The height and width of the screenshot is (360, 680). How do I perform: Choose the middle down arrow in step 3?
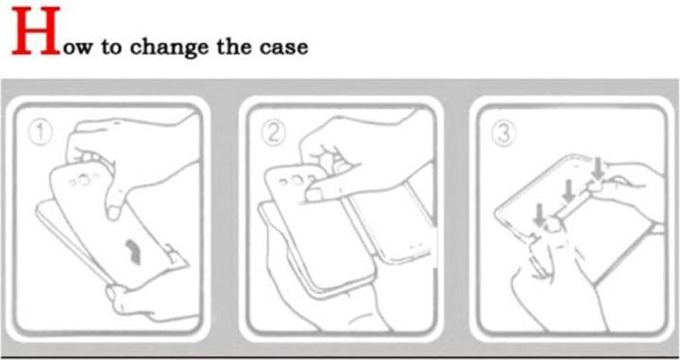(567, 189)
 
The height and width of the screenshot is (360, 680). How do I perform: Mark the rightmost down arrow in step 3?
(599, 168)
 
